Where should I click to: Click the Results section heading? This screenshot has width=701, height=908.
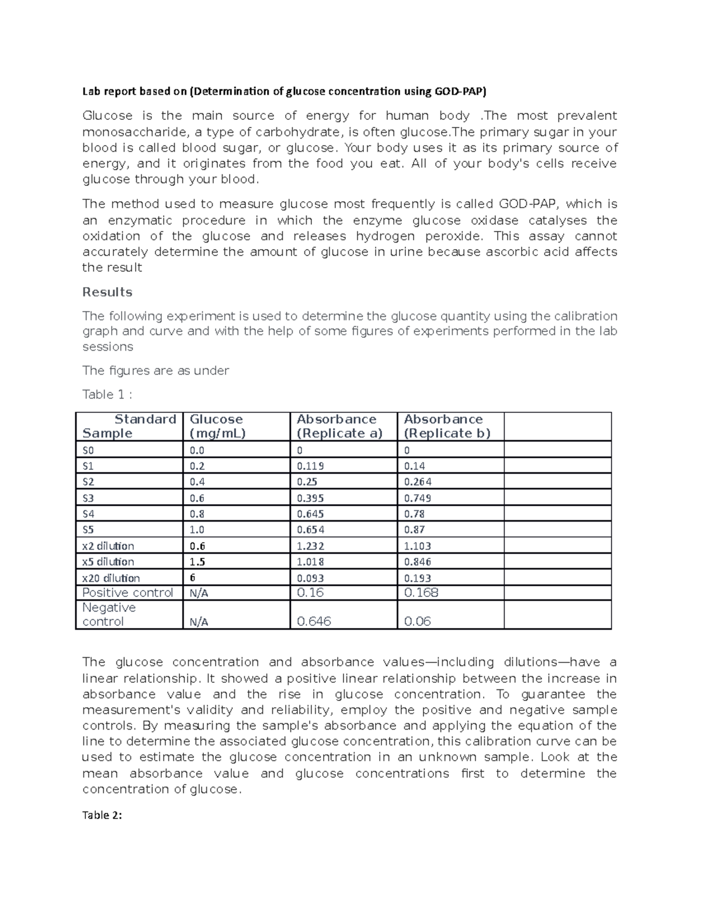point(107,292)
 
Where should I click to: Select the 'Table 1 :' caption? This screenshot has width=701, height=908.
point(107,395)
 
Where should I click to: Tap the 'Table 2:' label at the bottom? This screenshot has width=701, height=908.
point(102,816)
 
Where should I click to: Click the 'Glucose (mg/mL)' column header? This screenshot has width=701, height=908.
point(217,426)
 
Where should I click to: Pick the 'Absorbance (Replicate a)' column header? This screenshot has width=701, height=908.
point(339,426)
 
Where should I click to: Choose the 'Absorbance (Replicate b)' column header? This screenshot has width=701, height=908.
point(447,426)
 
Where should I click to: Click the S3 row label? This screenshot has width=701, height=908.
point(88,498)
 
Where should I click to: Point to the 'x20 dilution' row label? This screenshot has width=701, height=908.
point(111,578)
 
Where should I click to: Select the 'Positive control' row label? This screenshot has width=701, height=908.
point(128,593)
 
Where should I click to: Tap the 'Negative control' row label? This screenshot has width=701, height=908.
point(109,614)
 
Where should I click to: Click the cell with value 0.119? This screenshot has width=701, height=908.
point(310,466)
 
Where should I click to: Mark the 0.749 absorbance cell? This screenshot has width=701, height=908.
point(418,498)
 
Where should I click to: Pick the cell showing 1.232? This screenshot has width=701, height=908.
point(310,546)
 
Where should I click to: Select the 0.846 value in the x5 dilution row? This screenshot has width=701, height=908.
point(418,562)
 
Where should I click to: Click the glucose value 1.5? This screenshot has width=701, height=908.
point(197,562)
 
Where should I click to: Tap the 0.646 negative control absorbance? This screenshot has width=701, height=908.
point(314,622)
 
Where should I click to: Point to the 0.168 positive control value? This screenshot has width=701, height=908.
point(421,593)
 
